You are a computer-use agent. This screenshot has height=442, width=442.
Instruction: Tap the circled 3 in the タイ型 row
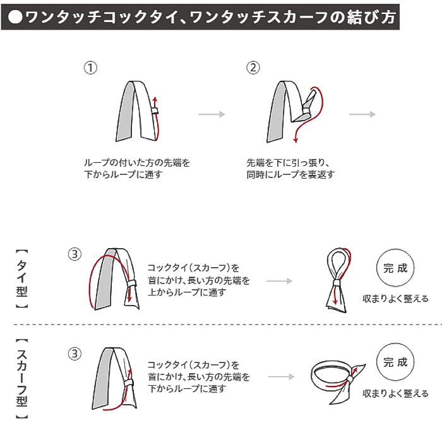point(75,254)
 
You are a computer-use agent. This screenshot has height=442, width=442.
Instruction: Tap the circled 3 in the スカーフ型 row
point(75,354)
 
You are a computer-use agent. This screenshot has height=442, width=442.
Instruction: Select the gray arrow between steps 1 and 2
point(212,114)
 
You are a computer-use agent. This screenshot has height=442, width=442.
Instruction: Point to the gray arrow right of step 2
point(362,114)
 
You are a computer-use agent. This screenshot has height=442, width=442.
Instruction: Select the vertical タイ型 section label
point(21,278)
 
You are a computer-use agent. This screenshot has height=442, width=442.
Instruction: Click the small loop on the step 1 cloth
point(154,111)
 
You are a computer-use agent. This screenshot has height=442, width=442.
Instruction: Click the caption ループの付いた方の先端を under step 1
point(137,162)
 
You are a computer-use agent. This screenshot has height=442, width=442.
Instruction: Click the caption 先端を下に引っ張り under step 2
point(285,162)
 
